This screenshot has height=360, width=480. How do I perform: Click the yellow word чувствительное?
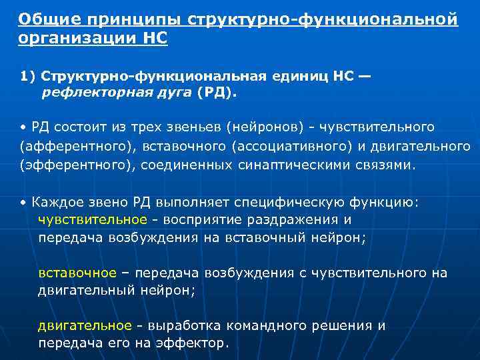(92, 219)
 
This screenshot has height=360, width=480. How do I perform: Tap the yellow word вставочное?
(77, 273)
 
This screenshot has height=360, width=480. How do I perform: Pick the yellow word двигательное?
(85, 326)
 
